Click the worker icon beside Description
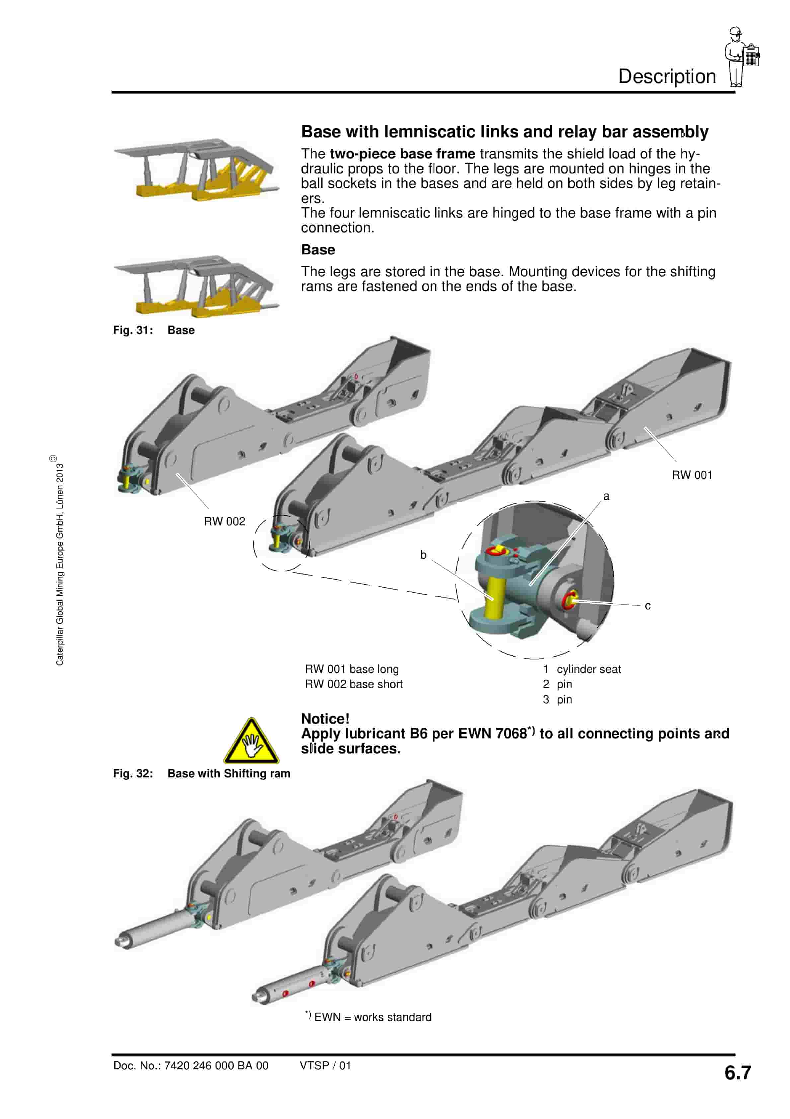(741, 56)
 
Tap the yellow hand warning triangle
(251, 741)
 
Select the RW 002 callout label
(224, 522)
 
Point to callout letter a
(606, 496)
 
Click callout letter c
(647, 606)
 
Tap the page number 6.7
(738, 1073)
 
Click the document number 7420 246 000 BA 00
(191, 1066)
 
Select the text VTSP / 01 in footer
(325, 1066)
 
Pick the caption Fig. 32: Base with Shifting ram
(201, 773)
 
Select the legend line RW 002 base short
(354, 684)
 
